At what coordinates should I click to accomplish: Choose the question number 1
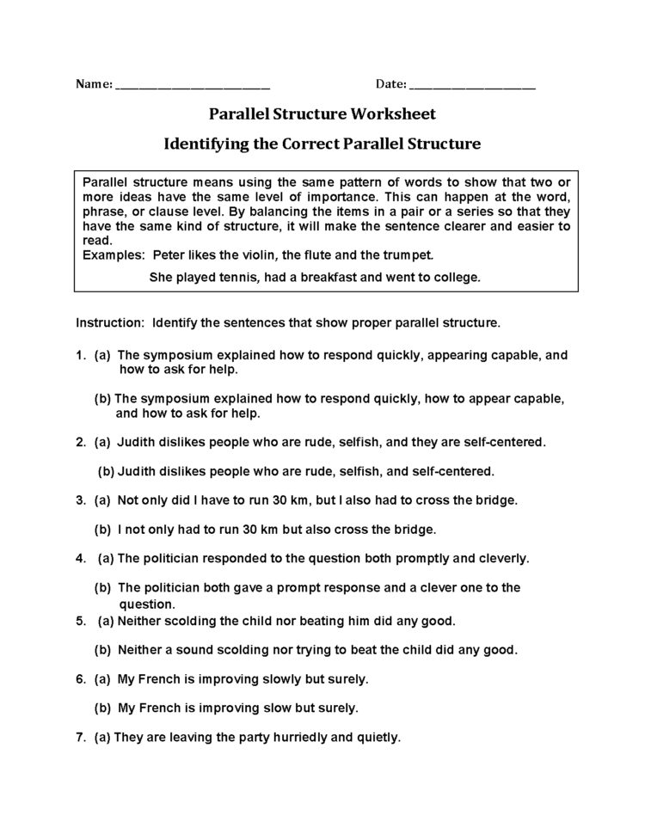pyautogui.click(x=79, y=354)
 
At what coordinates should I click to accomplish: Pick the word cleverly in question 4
pyautogui.click(x=501, y=558)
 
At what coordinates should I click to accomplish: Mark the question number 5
pyautogui.click(x=79, y=620)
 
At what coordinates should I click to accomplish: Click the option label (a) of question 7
pyautogui.click(x=102, y=737)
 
